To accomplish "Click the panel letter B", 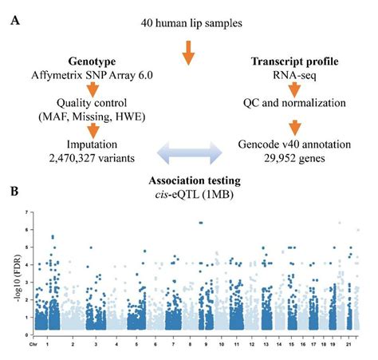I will click(14, 192).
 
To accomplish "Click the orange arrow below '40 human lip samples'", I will click(188, 53).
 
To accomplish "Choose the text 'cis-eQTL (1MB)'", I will click(189, 193).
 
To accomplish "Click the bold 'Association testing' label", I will click(189, 180).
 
